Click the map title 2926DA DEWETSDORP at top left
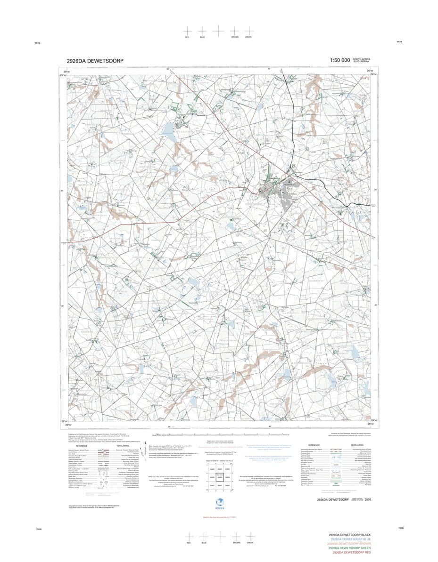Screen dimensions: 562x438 (x=95, y=61)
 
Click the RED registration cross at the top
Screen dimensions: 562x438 (x=187, y=31)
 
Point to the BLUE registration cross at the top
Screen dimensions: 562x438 (x=202, y=31)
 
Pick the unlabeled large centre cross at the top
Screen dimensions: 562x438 (x=218, y=30)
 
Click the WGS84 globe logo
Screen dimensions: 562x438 (x=218, y=502)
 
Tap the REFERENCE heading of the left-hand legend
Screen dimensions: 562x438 (x=81, y=446)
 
